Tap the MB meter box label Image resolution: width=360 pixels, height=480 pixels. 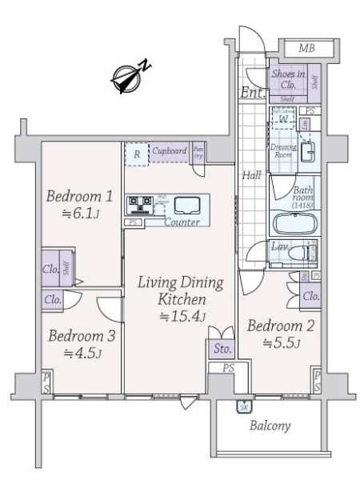click(306, 49)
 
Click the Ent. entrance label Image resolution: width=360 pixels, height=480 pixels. click(249, 93)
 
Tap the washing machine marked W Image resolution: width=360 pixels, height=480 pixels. click(283, 118)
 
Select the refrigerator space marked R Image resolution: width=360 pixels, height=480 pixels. click(138, 154)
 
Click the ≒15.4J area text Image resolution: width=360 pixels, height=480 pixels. click(179, 317)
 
